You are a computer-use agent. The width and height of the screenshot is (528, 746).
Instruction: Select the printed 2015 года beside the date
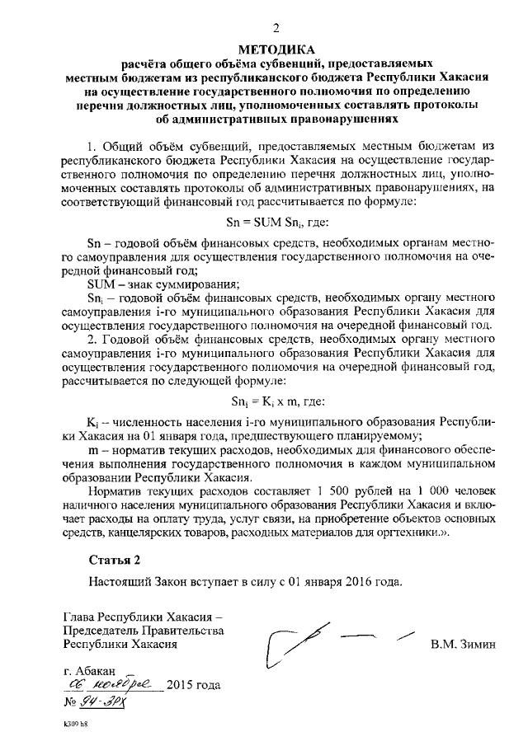[194, 685]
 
